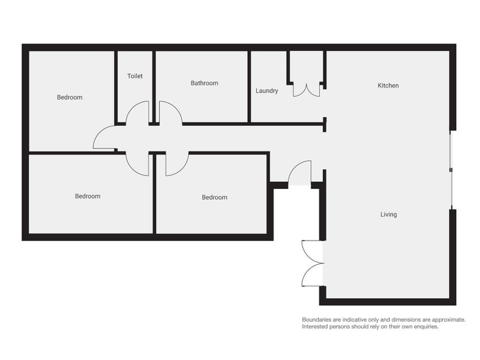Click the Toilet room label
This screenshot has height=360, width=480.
coord(135,76)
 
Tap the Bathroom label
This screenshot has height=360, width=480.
coord(204,83)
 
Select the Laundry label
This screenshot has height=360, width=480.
coord(266,91)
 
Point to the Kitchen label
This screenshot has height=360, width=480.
coord(388,85)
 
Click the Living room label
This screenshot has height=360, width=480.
coord(388,214)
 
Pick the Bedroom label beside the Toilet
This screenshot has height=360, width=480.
coord(70,97)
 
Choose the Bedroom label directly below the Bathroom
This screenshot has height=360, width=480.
coord(214,197)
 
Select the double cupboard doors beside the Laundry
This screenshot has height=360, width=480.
coord(307,89)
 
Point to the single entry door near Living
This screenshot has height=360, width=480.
coord(299,173)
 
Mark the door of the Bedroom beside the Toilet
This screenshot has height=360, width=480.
coord(104,139)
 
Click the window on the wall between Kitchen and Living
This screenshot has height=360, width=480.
coord(451,170)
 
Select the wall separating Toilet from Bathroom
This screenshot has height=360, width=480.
coord(154,84)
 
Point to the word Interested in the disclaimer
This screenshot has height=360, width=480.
coord(316,327)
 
